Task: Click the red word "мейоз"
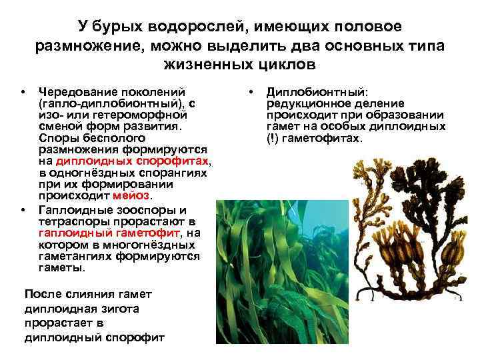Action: point(132,195)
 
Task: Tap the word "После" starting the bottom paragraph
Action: point(41,294)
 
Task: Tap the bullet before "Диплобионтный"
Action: point(250,91)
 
